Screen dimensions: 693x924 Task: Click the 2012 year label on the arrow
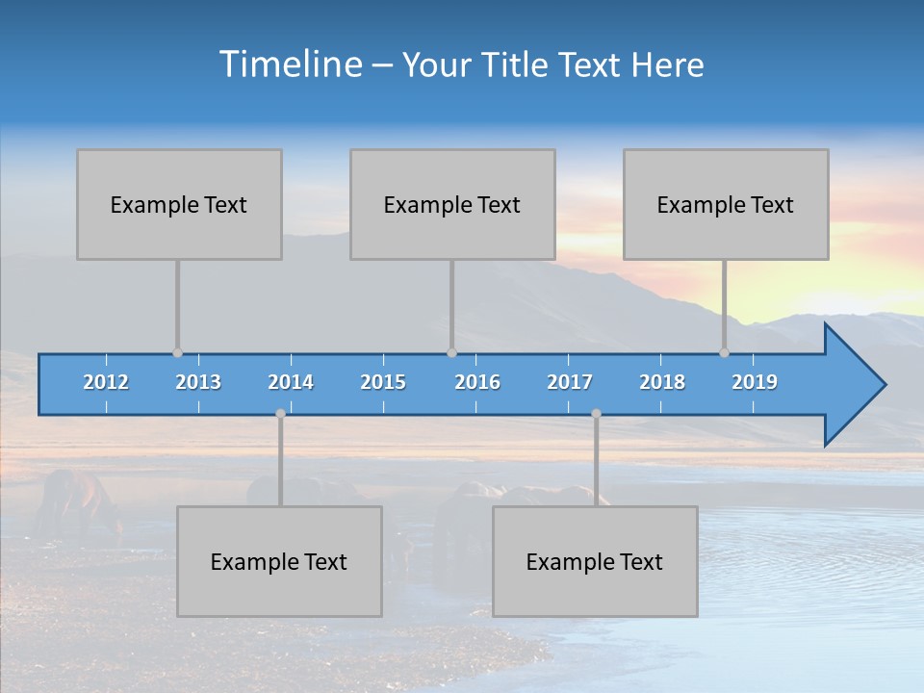[x=106, y=382]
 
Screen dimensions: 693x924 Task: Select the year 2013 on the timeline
[x=198, y=382]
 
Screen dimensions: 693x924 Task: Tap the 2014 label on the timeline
[x=291, y=382]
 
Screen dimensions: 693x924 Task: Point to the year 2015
[x=383, y=382]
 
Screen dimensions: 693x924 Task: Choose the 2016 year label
[x=477, y=382]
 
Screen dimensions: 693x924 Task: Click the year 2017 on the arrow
[x=570, y=382]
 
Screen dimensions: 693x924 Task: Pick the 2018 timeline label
[x=662, y=382]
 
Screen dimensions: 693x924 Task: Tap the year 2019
[x=755, y=382]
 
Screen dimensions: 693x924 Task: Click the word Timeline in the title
[x=290, y=64]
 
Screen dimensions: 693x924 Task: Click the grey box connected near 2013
[x=179, y=204]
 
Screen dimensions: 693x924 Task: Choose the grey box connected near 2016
[x=452, y=204]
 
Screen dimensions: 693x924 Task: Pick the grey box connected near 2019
[x=726, y=204]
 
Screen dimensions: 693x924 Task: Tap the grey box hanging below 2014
[x=279, y=561]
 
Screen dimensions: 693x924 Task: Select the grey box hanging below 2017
[x=595, y=561]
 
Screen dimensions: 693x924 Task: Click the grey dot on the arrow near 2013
[x=177, y=352]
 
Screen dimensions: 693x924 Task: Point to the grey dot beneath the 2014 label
[x=280, y=414]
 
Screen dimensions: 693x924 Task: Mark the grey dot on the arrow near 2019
[x=724, y=352]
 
